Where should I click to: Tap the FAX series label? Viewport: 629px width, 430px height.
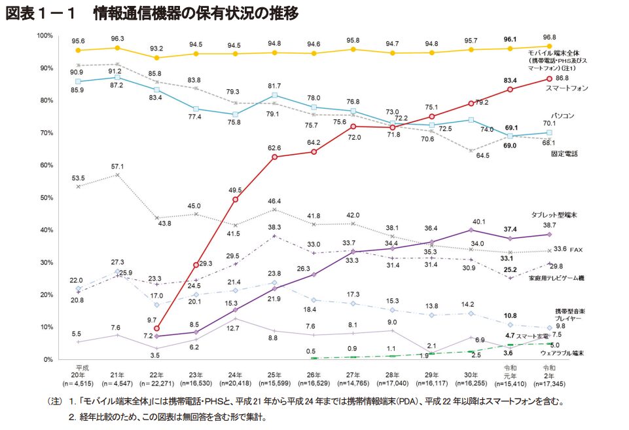click(x=576, y=250)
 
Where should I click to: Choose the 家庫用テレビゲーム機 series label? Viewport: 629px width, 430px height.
click(x=556, y=279)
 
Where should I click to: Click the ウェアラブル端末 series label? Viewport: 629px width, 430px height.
click(x=562, y=353)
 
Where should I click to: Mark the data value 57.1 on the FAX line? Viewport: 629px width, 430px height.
click(x=117, y=166)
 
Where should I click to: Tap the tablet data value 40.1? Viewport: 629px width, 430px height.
click(x=471, y=221)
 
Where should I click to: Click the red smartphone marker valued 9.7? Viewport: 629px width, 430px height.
click(x=156, y=328)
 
